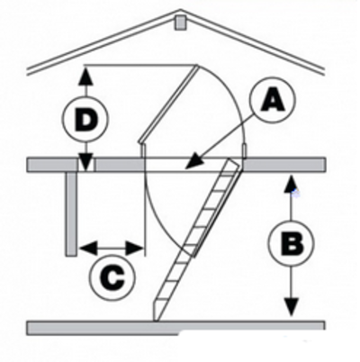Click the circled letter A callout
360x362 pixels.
click(273, 100)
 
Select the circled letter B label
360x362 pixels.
click(291, 243)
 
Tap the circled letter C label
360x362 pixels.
click(112, 277)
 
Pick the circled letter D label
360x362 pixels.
click(85, 119)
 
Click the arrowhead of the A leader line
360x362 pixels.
click(193, 161)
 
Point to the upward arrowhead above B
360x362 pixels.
click(291, 185)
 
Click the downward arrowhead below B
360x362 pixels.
click(291, 307)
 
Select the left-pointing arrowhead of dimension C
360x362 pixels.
click(88, 249)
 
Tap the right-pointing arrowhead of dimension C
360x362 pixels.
click(134, 249)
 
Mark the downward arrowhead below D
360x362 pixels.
click(86, 162)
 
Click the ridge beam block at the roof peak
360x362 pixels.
click(180, 23)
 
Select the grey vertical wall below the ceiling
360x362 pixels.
click(71, 213)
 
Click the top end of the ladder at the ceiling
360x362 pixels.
click(234, 163)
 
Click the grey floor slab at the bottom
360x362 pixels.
click(175, 328)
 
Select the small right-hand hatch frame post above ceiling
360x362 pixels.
click(245, 151)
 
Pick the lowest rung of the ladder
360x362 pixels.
click(159, 299)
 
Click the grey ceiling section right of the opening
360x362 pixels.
click(283, 165)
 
